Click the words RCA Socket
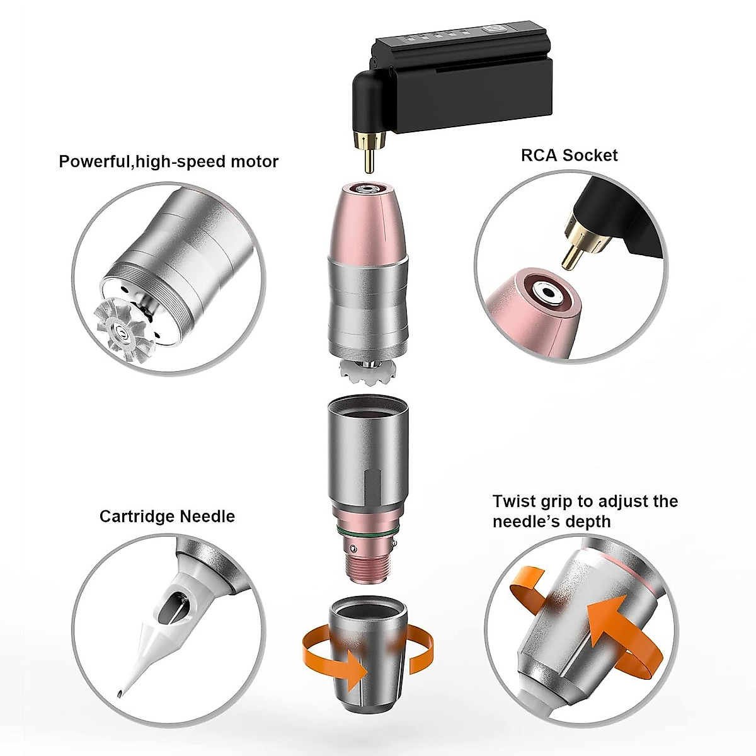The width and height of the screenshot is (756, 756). pyautogui.click(x=569, y=155)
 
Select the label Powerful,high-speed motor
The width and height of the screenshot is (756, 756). pyautogui.click(x=168, y=161)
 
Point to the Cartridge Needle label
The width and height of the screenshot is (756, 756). pyautogui.click(x=167, y=517)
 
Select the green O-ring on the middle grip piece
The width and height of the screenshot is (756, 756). pyautogui.click(x=365, y=535)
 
